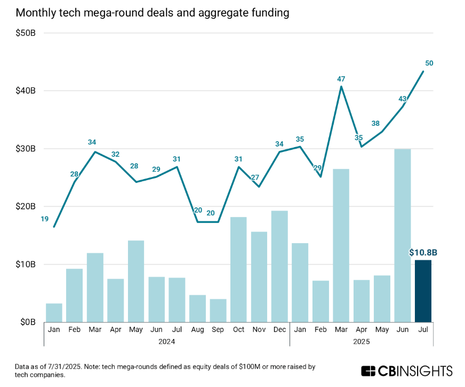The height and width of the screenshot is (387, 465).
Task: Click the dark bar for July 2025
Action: (423, 291)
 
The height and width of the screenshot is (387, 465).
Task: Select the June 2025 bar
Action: (402, 236)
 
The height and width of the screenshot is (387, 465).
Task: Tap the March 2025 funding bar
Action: (341, 246)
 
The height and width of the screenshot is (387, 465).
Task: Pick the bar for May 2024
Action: (136, 281)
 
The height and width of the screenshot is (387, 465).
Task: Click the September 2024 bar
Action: (218, 310)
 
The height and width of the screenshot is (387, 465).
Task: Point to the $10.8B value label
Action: (423, 253)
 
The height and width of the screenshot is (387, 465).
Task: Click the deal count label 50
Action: (429, 63)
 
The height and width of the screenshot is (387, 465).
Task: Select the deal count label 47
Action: (341, 79)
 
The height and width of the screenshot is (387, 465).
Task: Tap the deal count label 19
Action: (45, 219)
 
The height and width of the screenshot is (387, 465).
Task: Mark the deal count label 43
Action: (403, 99)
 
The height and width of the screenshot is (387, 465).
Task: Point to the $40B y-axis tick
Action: (25, 91)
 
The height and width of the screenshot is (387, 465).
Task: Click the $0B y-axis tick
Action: (28, 322)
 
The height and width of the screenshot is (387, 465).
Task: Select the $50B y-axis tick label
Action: (25, 33)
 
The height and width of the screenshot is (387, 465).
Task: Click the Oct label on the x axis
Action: (238, 329)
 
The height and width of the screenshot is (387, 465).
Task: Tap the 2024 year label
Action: (166, 341)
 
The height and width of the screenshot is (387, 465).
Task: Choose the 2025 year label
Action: (361, 341)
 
